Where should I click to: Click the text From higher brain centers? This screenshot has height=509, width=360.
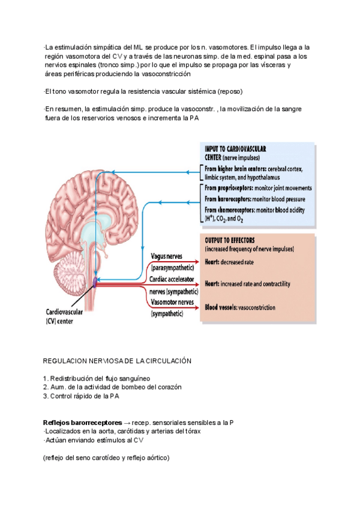(235, 169)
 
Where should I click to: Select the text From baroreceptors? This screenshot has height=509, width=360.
(230, 199)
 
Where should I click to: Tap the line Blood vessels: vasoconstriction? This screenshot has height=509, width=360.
(240, 307)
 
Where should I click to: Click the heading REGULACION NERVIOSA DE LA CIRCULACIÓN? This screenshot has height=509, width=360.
(117, 361)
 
